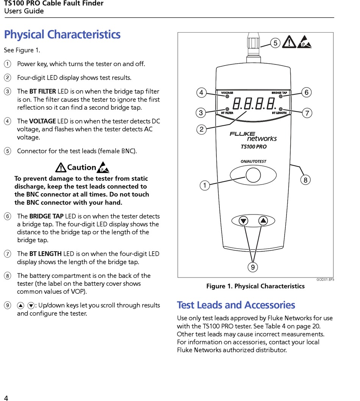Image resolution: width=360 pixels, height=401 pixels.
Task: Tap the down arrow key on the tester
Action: click(243, 221)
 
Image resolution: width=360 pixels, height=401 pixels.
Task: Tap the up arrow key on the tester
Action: click(263, 221)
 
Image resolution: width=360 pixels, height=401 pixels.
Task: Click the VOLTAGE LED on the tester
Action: click(227, 96)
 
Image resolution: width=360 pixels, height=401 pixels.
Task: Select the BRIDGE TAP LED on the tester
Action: click(281, 96)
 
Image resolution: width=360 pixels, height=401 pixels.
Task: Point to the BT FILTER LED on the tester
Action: click(227, 109)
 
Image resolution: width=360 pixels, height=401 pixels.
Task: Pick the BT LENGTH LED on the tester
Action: click(281, 109)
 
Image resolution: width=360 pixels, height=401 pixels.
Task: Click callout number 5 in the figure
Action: click(275, 43)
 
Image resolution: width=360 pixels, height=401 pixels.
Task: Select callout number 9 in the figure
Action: click(252, 268)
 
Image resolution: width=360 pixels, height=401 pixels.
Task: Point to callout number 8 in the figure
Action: click(305, 180)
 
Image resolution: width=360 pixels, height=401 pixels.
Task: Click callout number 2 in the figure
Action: click(202, 130)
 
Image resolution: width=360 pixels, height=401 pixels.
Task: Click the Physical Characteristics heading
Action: click(62, 34)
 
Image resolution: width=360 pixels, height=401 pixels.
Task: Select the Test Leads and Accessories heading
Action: click(236, 305)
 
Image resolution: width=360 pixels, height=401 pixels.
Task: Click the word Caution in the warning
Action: click(81, 167)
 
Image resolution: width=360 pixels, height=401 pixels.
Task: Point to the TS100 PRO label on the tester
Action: click(254, 147)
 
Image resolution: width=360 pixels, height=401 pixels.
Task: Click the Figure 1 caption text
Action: click(255, 286)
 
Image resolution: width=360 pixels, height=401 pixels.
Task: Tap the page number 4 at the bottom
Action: click(6, 398)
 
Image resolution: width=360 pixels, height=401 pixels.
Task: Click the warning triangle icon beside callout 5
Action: click(290, 41)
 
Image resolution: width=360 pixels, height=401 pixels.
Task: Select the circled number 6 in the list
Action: click(8, 216)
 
